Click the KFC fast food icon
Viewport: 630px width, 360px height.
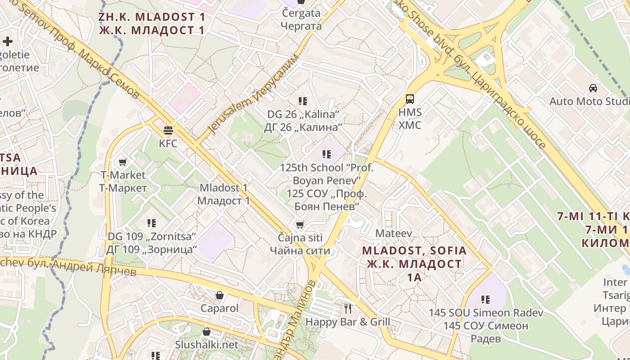[168, 130]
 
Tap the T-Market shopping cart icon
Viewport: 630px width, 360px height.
[122, 162]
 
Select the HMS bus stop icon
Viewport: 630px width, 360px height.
[409, 99]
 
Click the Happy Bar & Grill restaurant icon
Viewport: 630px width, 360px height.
[347, 308]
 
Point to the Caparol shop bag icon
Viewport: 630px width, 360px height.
[220, 295]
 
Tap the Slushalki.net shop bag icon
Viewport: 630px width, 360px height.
[207, 332]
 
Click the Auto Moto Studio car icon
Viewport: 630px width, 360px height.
[593, 88]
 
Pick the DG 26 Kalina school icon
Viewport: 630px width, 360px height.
[302, 101]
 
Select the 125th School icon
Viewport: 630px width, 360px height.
[327, 154]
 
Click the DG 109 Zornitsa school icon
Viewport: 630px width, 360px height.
[152, 223]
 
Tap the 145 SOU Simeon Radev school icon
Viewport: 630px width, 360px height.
[486, 299]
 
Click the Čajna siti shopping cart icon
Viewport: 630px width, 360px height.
[300, 224]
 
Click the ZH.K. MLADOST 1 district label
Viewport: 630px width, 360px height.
[152, 18]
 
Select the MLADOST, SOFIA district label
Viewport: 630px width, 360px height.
[414, 251]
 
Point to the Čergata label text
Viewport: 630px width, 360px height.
[301, 13]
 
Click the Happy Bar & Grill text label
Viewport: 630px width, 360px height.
[348, 322]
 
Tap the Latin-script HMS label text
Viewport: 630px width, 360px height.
[410, 112]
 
